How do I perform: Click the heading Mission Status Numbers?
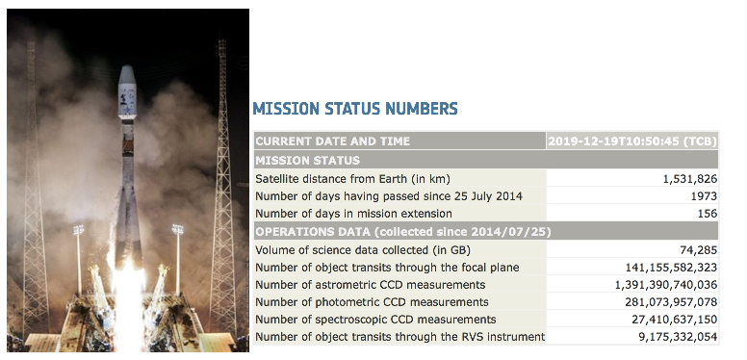pyautogui.click(x=355, y=109)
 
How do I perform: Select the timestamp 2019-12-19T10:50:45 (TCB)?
pyautogui.click(x=632, y=141)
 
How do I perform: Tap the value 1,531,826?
pyautogui.click(x=690, y=179)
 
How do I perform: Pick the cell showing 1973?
pyautogui.click(x=704, y=196)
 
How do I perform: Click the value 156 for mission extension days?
pyautogui.click(x=708, y=214)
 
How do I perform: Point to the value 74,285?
pyautogui.click(x=699, y=250)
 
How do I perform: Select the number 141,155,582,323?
pyautogui.click(x=671, y=268)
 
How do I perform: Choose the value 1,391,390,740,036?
pyautogui.click(x=666, y=285)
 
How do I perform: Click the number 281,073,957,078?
pyautogui.click(x=671, y=302)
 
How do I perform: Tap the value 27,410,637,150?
pyautogui.click(x=675, y=319)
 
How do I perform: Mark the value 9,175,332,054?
pyautogui.click(x=678, y=337)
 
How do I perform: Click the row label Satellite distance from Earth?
pyautogui.click(x=352, y=179)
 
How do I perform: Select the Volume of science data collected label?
pyautogui.click(x=363, y=250)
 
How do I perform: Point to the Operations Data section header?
pyautogui.click(x=403, y=232)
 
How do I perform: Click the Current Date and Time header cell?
pyautogui.click(x=332, y=141)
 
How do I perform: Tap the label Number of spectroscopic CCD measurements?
pyautogui.click(x=375, y=319)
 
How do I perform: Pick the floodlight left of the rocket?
pyautogui.click(x=78, y=230)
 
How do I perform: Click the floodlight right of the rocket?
pyautogui.click(x=178, y=229)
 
